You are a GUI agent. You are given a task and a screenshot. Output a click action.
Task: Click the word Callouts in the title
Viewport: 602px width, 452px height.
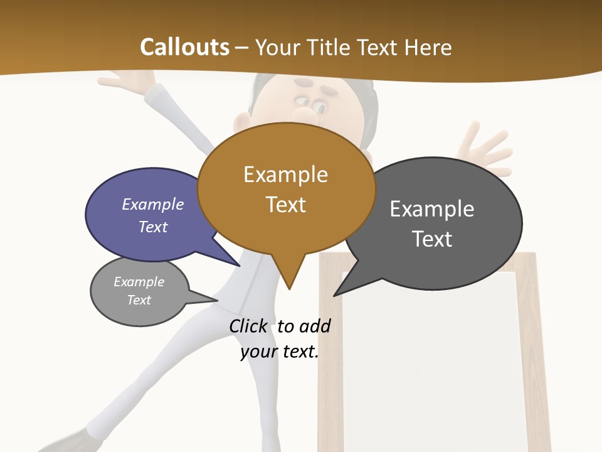point(184,47)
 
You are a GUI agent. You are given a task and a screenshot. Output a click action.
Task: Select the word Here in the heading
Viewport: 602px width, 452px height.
point(430,48)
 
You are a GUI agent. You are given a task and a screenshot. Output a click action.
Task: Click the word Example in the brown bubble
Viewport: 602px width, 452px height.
point(285,175)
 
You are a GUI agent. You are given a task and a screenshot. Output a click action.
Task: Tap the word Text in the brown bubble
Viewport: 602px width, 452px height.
point(286,205)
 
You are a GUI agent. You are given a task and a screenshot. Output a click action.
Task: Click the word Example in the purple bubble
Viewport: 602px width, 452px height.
point(152,204)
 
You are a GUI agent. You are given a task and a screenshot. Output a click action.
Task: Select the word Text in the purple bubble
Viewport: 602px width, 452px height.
point(152,227)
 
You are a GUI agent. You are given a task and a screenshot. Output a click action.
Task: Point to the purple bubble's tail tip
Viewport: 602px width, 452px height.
point(239,266)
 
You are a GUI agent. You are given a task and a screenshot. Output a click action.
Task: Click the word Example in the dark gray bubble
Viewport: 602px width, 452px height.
point(432,209)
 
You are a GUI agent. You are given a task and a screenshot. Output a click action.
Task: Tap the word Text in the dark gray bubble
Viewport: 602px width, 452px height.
point(432,239)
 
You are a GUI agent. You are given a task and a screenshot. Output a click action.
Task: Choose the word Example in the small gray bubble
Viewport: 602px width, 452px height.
point(139,282)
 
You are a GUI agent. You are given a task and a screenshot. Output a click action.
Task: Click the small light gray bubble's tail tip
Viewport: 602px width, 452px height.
point(217,300)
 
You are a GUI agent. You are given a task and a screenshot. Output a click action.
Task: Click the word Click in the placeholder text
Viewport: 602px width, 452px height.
point(248,326)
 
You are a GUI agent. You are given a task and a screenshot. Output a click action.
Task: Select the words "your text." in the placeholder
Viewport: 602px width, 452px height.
point(280,352)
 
